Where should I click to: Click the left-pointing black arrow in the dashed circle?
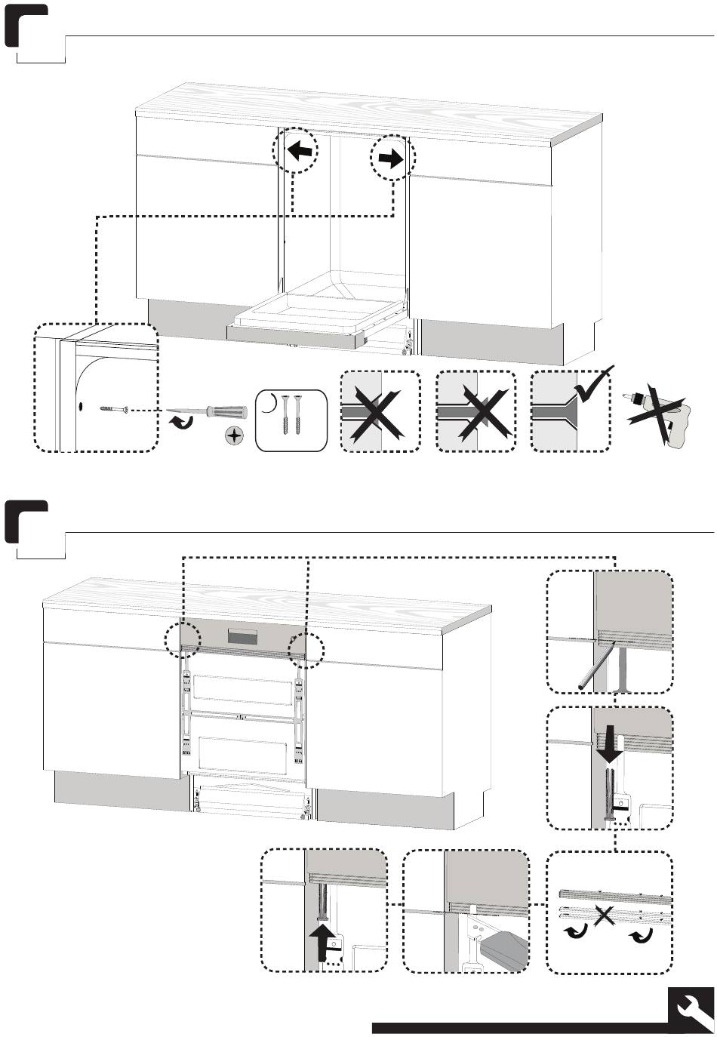pos(300,151)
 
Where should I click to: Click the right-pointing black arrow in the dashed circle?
pos(391,158)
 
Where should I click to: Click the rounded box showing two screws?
pos(292,420)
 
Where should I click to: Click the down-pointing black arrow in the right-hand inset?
pos(610,745)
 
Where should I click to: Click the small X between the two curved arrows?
pos(605,916)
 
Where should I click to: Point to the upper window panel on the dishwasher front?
pos(242,689)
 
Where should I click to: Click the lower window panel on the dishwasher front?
pos(242,749)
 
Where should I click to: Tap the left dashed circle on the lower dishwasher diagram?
pos(183,640)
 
